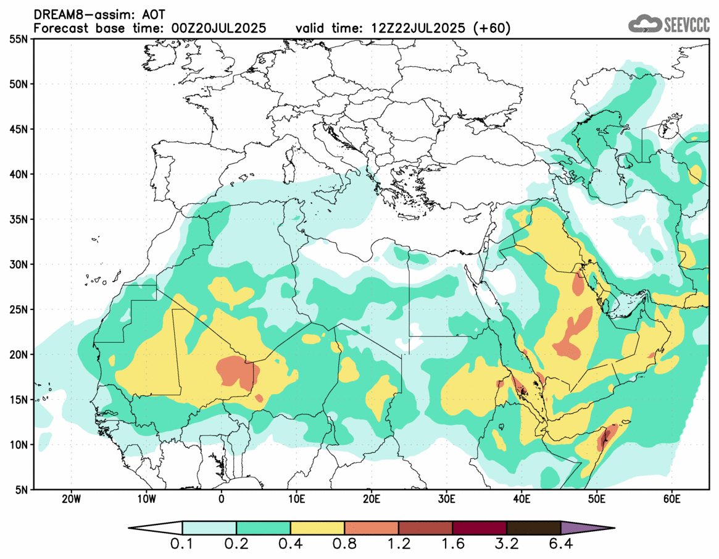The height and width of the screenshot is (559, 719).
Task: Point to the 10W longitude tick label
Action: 146,498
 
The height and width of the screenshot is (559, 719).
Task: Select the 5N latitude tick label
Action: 20,490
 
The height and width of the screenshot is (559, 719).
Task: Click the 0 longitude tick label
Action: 221,498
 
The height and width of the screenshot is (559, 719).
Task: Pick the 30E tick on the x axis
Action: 446,498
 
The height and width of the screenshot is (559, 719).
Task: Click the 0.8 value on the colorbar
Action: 344,545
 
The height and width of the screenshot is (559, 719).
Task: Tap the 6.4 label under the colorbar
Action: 560,545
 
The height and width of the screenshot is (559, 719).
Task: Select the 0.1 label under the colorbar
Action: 183,545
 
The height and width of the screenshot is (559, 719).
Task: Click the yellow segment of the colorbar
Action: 317,528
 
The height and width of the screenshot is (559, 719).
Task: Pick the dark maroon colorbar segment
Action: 480,528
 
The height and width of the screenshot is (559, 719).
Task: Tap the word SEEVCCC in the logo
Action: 686,25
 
